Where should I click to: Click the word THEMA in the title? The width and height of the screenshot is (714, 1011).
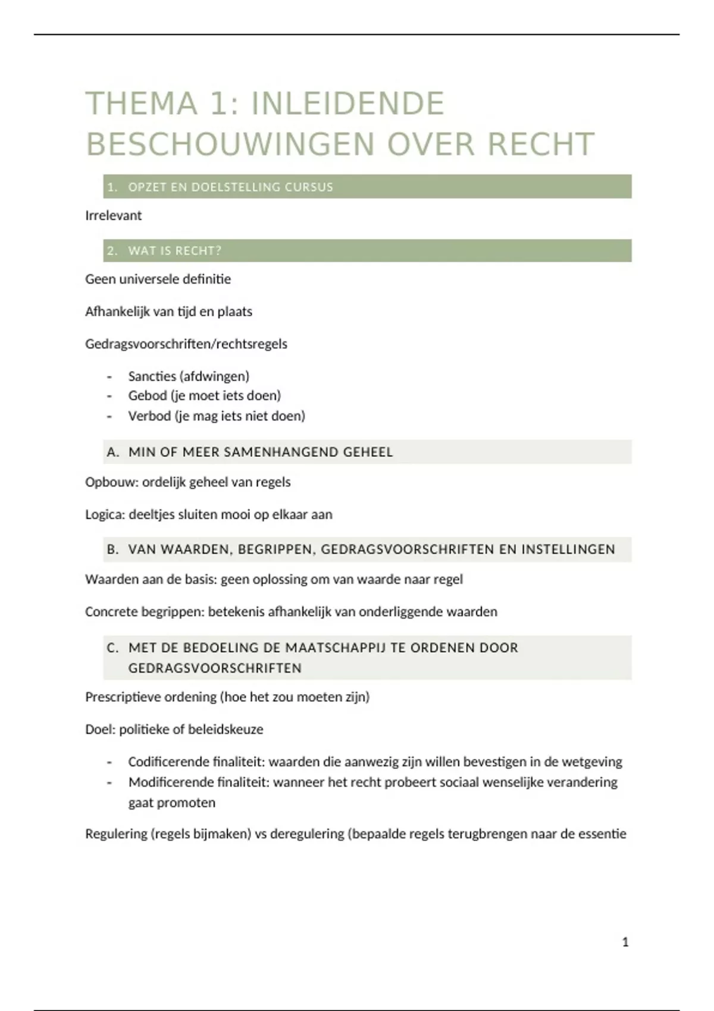point(141,103)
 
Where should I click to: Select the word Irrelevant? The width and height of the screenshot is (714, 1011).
point(113,215)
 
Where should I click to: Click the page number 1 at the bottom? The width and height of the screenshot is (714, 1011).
point(625,942)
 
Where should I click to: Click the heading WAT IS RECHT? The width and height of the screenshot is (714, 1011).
point(174,250)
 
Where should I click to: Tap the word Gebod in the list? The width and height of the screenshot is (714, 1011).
point(147,395)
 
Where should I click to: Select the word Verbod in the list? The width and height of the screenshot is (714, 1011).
point(149,416)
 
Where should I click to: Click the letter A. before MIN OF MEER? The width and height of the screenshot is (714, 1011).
point(112,452)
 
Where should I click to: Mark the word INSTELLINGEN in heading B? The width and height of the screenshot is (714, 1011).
point(568,550)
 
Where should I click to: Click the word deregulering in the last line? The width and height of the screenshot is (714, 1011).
point(307,834)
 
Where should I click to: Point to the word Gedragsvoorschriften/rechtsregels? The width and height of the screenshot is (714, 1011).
point(186,344)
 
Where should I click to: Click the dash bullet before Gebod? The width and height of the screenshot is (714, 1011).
point(109,396)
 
